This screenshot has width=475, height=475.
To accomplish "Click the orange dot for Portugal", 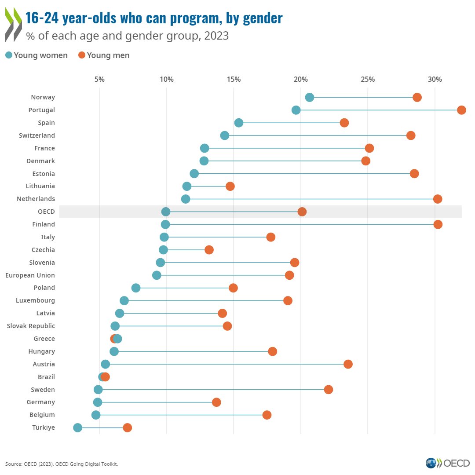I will click(x=461, y=110).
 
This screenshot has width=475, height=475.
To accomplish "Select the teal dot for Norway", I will click(x=310, y=97).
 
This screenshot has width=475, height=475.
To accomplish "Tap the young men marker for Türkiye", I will click(x=128, y=427).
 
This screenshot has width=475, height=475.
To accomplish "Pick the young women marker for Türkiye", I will click(x=78, y=427).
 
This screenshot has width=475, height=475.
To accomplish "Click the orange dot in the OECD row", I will click(x=302, y=212).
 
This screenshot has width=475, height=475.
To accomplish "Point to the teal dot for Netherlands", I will click(x=186, y=199).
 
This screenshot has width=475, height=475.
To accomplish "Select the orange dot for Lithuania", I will click(x=230, y=186).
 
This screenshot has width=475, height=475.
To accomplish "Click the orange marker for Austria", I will click(x=348, y=364).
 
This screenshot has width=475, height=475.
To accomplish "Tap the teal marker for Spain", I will click(x=239, y=123).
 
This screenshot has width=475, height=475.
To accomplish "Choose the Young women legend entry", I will click(x=37, y=55).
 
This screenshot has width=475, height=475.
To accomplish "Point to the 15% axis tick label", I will click(x=234, y=79).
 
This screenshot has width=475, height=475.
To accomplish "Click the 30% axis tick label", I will click(x=435, y=79).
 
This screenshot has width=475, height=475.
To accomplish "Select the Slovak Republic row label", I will click(x=31, y=326).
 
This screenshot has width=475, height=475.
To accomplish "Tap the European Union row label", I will click(x=30, y=275).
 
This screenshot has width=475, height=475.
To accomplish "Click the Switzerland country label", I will click(x=37, y=135).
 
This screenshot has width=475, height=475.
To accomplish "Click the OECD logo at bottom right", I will click(x=447, y=463).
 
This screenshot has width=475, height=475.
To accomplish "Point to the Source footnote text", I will click(x=62, y=464).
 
